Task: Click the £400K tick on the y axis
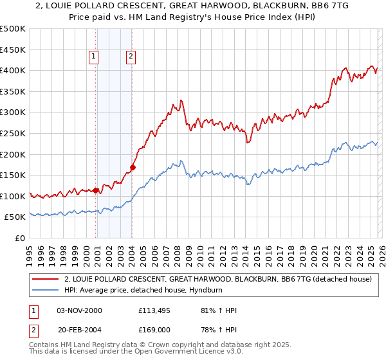click(13, 70)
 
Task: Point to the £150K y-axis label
click(13, 175)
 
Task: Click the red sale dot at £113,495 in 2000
click(96, 190)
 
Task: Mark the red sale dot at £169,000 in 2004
click(133, 167)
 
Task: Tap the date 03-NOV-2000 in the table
click(79, 310)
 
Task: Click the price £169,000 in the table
click(154, 330)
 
